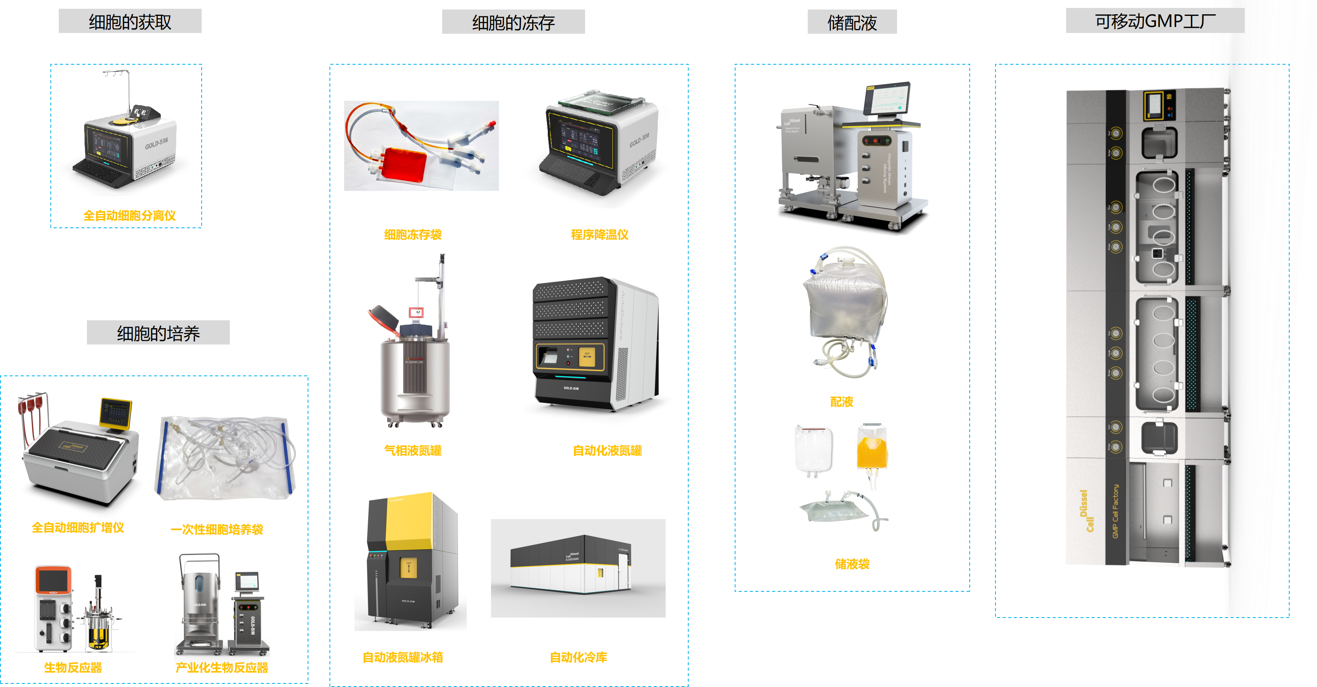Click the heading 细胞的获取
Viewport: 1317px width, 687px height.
pos(130,21)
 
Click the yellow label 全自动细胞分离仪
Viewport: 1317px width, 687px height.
pos(129,215)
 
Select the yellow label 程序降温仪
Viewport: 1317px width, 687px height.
pos(599,235)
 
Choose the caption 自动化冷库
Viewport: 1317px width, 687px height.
pos(578,657)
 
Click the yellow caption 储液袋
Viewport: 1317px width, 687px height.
pos(852,564)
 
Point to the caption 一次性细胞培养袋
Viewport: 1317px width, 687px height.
pos(217,529)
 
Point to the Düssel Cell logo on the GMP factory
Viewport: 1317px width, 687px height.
pos(1086,511)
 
